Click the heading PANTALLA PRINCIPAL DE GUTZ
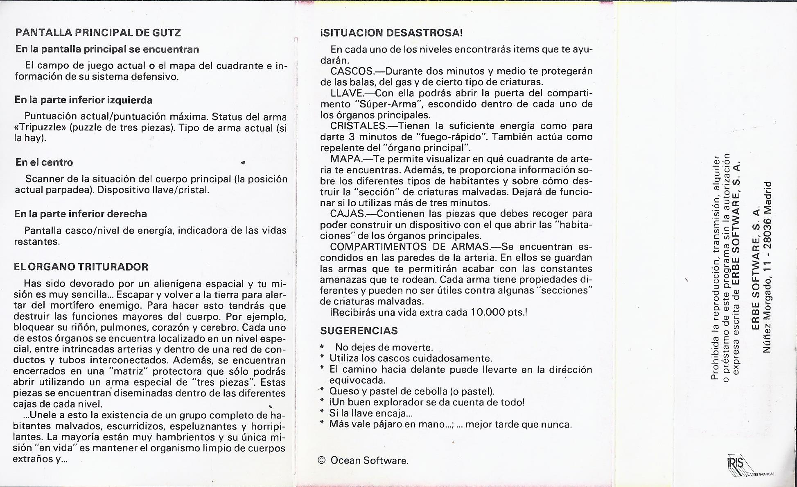point(98,32)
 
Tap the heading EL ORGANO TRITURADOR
point(81,267)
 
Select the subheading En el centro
point(44,162)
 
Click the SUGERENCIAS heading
point(359,330)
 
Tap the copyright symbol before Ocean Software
point(322,460)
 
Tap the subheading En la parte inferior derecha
point(81,214)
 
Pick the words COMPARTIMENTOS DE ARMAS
point(409,247)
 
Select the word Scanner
point(43,179)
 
